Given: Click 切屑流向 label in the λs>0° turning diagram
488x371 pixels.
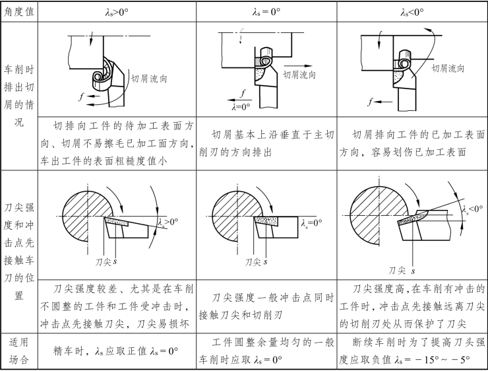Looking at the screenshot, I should pyautogui.click(x=149, y=78).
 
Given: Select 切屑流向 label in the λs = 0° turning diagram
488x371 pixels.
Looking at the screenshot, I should pyautogui.click(x=299, y=75).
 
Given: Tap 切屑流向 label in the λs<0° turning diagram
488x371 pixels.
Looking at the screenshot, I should pyautogui.click(x=448, y=67).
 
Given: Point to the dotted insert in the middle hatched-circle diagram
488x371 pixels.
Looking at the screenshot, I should pyautogui.click(x=266, y=219).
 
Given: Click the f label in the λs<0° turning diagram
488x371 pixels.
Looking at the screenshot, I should pyautogui.click(x=372, y=102).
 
